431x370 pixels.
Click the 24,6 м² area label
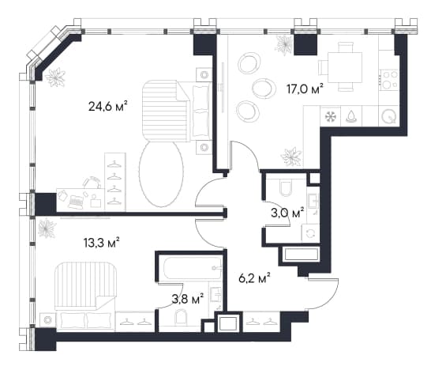tap(108, 106)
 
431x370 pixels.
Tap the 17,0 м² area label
tap(305, 89)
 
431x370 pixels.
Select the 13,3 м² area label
tap(101, 243)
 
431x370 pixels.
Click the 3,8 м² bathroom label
tap(188, 299)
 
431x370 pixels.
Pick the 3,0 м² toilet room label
tap(287, 213)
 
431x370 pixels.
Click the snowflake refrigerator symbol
tap(331, 116)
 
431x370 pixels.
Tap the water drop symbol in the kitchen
tap(351, 116)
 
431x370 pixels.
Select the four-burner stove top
tap(388, 79)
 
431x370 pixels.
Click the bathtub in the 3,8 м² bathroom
tap(193, 267)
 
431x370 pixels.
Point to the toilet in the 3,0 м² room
tap(286, 187)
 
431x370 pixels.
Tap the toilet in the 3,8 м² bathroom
tap(182, 317)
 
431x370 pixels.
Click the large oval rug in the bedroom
tap(161, 174)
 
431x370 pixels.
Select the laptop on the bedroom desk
tap(76, 202)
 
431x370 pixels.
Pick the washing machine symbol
tap(310, 233)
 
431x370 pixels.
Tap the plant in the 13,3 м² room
tap(47, 228)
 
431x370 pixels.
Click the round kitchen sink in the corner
tap(388, 116)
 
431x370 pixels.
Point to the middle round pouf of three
tap(264, 88)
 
